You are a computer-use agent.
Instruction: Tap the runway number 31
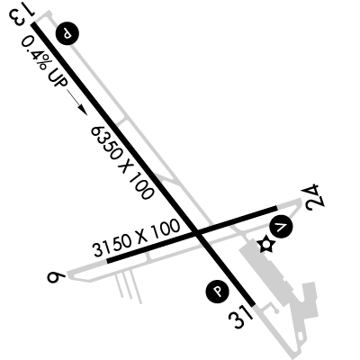pyautogui.click(x=240, y=318)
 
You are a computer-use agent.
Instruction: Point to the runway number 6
pyautogui.click(x=56, y=277)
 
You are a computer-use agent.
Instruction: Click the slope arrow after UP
pyautogui.click(x=76, y=102)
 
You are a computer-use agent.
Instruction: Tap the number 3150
pyautogui.click(x=112, y=246)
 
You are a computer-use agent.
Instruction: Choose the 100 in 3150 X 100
pyautogui.click(x=166, y=229)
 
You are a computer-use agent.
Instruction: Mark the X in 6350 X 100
pyautogui.click(x=125, y=166)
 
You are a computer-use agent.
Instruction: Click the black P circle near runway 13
pyautogui.click(x=68, y=33)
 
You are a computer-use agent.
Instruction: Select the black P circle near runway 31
pyautogui.click(x=217, y=292)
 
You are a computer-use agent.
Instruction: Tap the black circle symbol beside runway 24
pyautogui.click(x=281, y=227)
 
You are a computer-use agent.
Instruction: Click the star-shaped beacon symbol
pyautogui.click(x=265, y=245)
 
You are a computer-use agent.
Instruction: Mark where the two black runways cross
pyautogui.click(x=196, y=232)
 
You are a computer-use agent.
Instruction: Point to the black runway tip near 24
pyautogui.click(x=276, y=208)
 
